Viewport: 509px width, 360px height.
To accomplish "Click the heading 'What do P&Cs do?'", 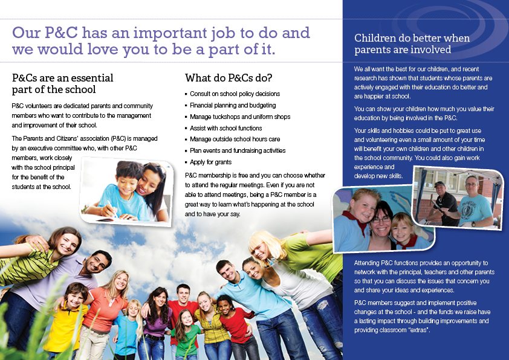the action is pos(229,78).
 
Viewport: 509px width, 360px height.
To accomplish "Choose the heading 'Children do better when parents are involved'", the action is pos(412,43).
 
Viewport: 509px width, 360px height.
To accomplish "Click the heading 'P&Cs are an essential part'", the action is pos(63,83).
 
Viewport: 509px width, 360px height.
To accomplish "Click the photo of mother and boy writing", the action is pos(126,191).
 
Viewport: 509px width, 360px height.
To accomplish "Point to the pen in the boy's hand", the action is pos(112,209).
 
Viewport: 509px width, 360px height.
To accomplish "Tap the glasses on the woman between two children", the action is pos(381,220).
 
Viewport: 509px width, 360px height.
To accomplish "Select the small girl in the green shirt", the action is pos(186,334).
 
